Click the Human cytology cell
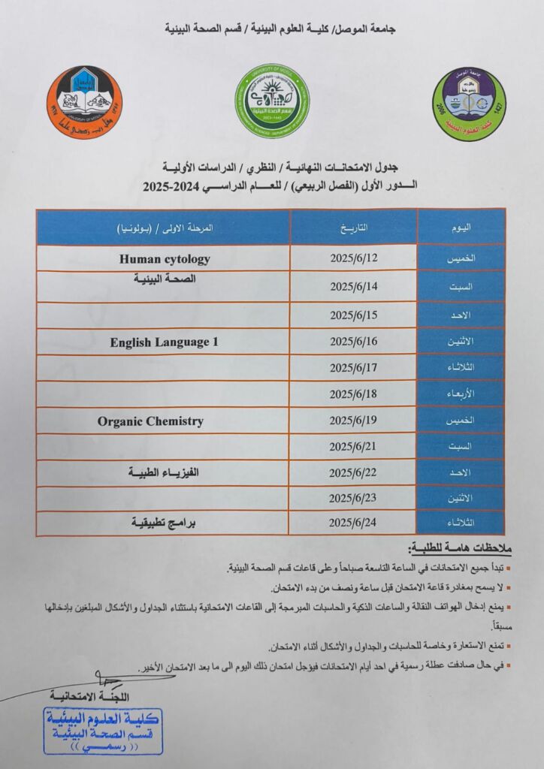click(165, 259)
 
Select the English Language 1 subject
click(164, 342)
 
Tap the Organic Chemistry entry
click(150, 421)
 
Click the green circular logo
click(273, 101)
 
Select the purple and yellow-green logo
click(469, 104)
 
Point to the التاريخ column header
click(353, 227)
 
